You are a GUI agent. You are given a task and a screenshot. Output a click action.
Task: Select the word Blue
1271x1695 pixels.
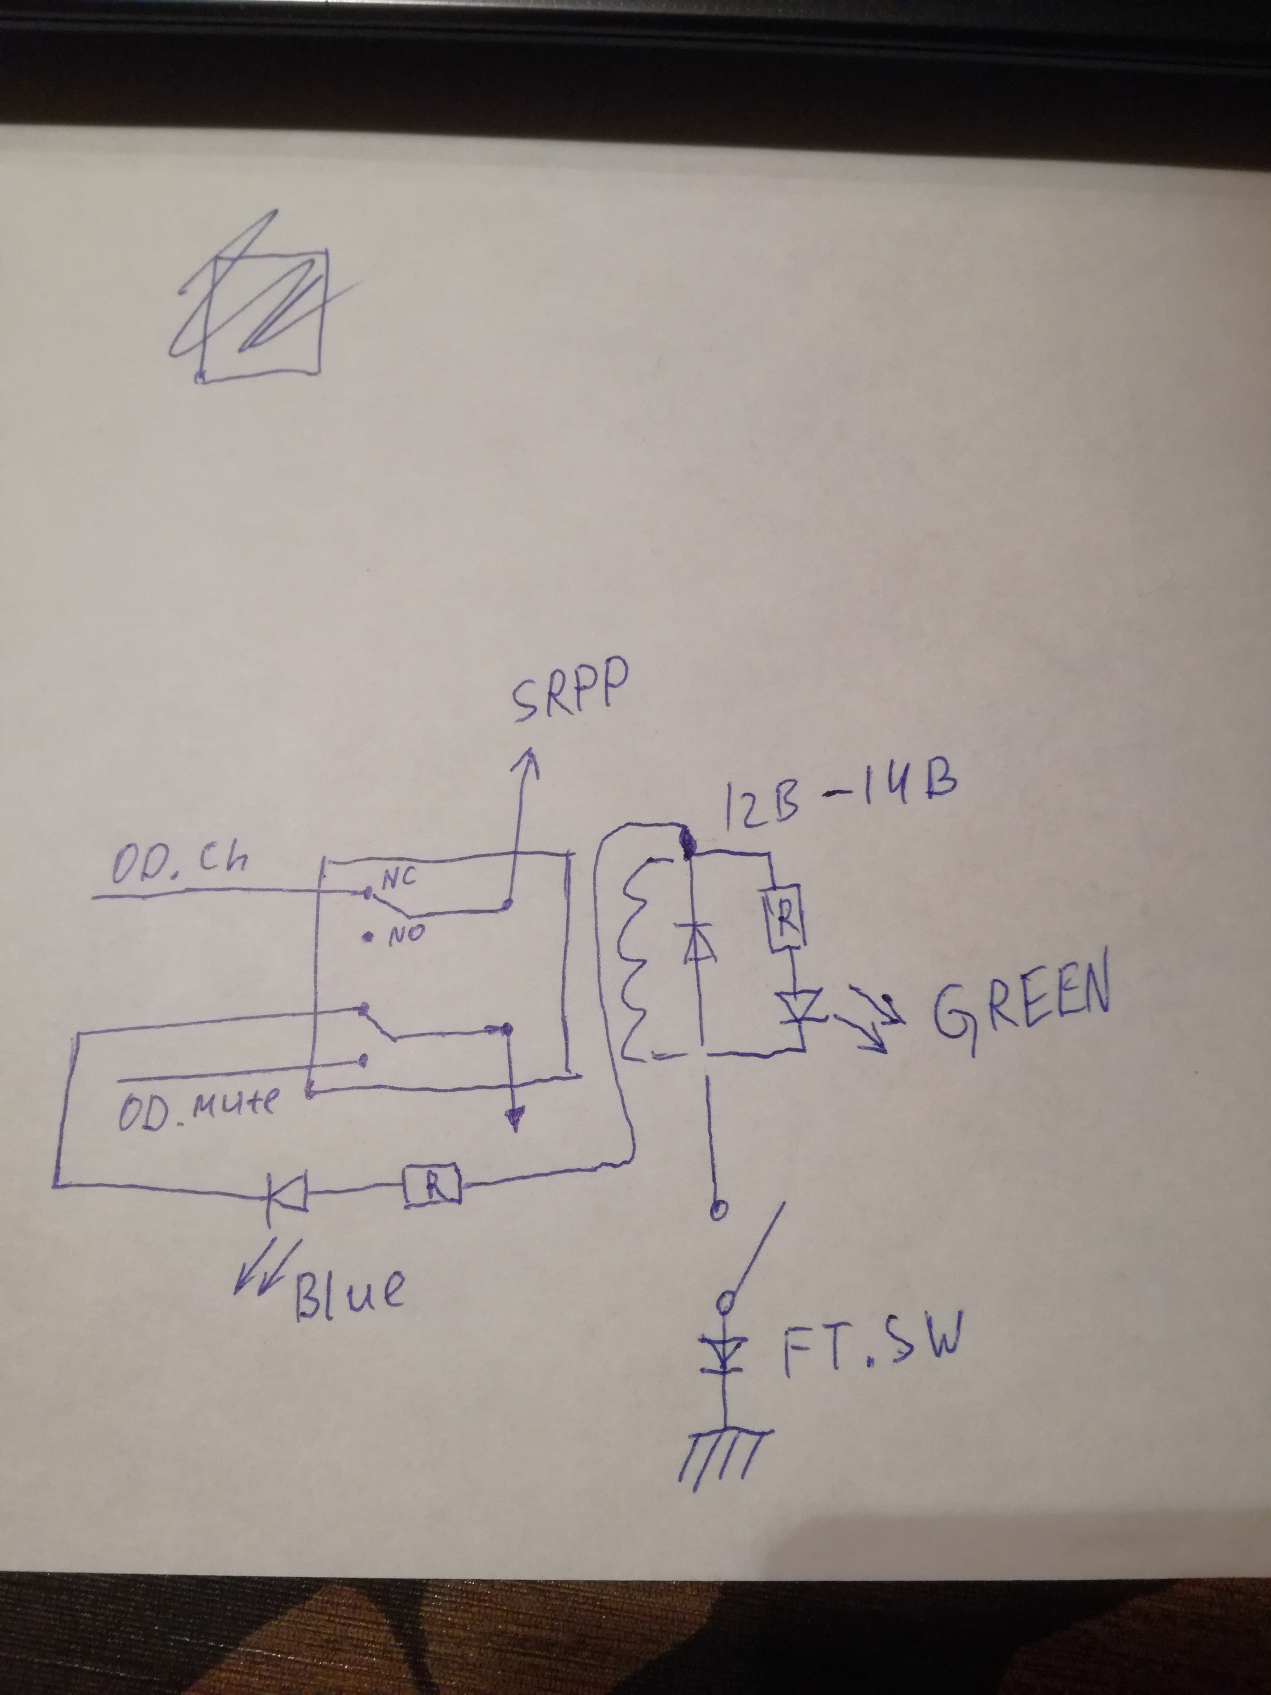tap(349, 1295)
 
